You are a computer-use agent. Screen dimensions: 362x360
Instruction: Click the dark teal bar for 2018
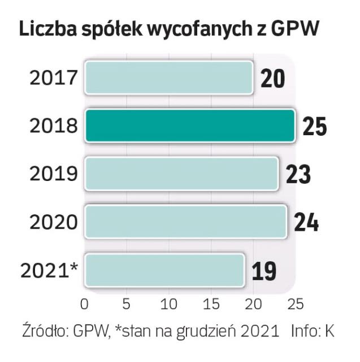point(190,125)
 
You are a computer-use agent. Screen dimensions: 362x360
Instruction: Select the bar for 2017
point(168,77)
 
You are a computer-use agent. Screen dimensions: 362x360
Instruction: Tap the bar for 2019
point(181,173)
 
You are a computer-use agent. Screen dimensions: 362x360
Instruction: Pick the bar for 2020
point(185,221)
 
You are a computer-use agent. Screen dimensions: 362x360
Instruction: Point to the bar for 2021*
point(164,269)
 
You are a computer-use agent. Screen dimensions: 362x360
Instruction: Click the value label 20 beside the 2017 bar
point(273,78)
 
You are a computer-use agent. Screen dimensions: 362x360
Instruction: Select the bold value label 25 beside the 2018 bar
point(314,126)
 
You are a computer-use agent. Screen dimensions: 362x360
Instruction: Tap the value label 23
point(298,174)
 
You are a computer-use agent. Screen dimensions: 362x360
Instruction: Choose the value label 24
point(306,222)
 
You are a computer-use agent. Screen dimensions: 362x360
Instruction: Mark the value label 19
point(263,270)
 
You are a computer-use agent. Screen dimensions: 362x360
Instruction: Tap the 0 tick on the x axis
point(85,304)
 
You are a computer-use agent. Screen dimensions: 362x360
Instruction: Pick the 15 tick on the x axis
point(210,304)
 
